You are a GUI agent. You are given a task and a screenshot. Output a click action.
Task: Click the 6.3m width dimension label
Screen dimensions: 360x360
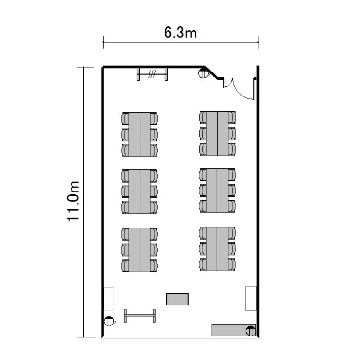click(x=180, y=32)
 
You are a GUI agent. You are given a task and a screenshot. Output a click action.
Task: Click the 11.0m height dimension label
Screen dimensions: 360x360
click(x=73, y=201)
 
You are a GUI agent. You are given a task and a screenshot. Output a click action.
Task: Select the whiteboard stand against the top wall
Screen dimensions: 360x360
click(x=152, y=74)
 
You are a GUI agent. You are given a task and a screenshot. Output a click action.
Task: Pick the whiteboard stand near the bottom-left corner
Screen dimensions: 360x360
click(x=140, y=315)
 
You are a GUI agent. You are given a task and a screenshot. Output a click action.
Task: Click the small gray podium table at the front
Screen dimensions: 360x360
click(x=177, y=299)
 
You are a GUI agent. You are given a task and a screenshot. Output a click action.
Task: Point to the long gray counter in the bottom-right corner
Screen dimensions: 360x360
click(x=233, y=330)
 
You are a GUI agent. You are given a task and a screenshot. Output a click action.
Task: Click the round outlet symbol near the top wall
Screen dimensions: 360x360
click(x=203, y=73)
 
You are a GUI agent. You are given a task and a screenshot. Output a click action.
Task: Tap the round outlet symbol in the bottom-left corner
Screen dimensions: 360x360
click(x=109, y=321)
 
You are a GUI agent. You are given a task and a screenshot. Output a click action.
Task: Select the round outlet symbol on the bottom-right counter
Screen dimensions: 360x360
click(x=251, y=331)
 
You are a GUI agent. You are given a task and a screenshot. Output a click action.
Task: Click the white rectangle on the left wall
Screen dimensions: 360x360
click(x=108, y=298)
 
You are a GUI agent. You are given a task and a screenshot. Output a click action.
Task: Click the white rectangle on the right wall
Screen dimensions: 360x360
click(x=251, y=298)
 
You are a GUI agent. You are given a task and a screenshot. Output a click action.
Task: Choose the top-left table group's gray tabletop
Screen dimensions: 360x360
click(x=140, y=134)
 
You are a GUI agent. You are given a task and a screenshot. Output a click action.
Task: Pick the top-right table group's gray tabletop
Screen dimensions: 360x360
click(x=217, y=133)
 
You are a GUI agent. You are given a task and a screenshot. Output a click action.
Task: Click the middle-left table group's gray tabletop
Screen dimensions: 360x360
click(x=140, y=192)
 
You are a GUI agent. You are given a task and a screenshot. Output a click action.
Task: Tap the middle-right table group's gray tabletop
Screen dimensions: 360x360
click(x=217, y=191)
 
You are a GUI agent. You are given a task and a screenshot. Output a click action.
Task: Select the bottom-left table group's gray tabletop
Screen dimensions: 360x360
click(x=140, y=250)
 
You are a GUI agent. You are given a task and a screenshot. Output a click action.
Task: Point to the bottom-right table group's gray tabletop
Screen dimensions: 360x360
click(x=217, y=249)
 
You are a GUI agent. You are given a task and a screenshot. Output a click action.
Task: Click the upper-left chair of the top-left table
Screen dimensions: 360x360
click(x=125, y=119)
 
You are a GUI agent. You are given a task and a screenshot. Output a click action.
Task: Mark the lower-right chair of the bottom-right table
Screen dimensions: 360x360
click(x=232, y=264)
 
